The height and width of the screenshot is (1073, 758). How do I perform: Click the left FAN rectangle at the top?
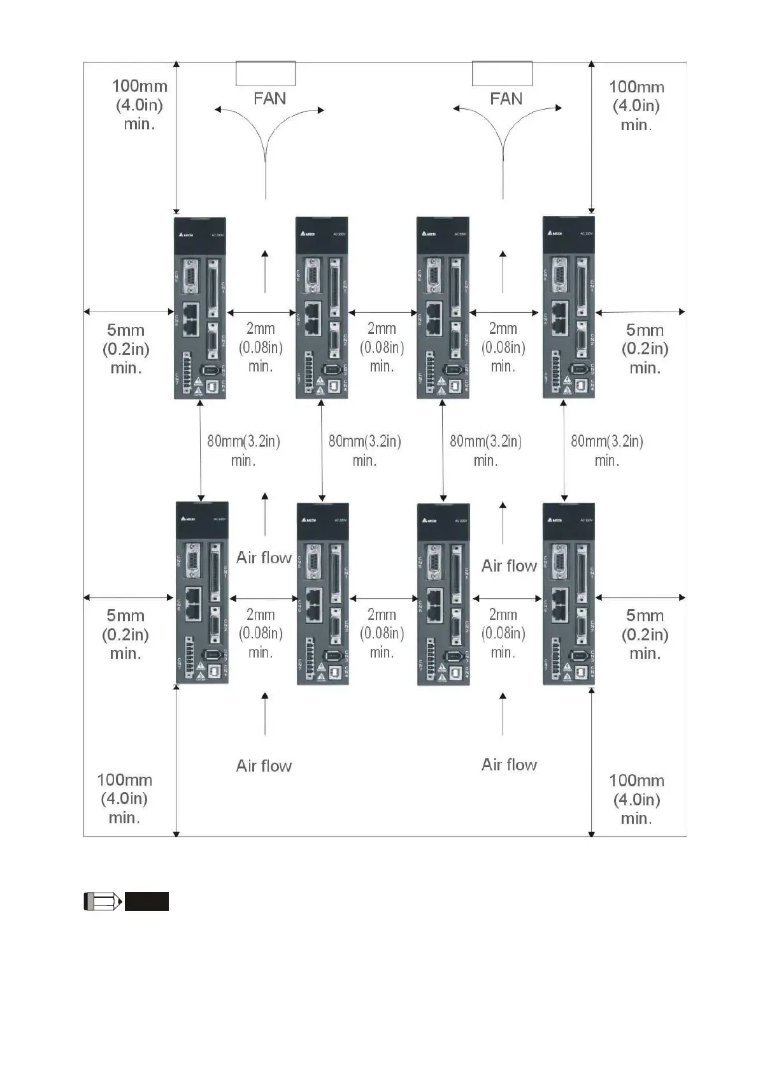[x=265, y=73]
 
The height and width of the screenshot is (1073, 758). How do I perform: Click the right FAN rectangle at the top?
[x=502, y=73]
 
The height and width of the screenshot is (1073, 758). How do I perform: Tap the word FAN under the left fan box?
[x=269, y=99]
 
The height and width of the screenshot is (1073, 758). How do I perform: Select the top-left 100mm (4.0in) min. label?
[x=139, y=104]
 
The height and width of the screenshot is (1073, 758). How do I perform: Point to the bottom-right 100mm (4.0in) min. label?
[x=636, y=799]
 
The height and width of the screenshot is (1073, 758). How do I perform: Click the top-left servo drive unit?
[x=200, y=308]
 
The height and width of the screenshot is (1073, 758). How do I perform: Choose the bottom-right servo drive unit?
[x=568, y=594]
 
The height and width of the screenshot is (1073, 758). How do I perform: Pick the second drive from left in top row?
[x=322, y=308]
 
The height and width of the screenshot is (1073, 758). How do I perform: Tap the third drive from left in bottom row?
[x=443, y=594]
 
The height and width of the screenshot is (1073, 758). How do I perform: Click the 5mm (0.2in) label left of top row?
[x=126, y=349]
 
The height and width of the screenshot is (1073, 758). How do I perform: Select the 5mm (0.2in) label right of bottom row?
[x=645, y=634]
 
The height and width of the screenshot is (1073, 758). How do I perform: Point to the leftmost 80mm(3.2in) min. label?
[x=243, y=450]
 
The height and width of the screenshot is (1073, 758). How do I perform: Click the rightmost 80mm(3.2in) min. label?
[x=606, y=450]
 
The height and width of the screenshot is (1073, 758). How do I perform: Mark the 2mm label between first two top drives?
[x=261, y=347]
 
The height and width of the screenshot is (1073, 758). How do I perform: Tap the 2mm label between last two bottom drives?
[x=503, y=633]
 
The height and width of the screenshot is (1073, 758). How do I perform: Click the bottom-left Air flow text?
[x=264, y=765]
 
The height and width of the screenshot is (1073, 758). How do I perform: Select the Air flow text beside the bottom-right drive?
[x=509, y=566]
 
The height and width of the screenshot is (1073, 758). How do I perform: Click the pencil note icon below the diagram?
[x=103, y=902]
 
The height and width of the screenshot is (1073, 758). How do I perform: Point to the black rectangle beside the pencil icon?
[x=147, y=902]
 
